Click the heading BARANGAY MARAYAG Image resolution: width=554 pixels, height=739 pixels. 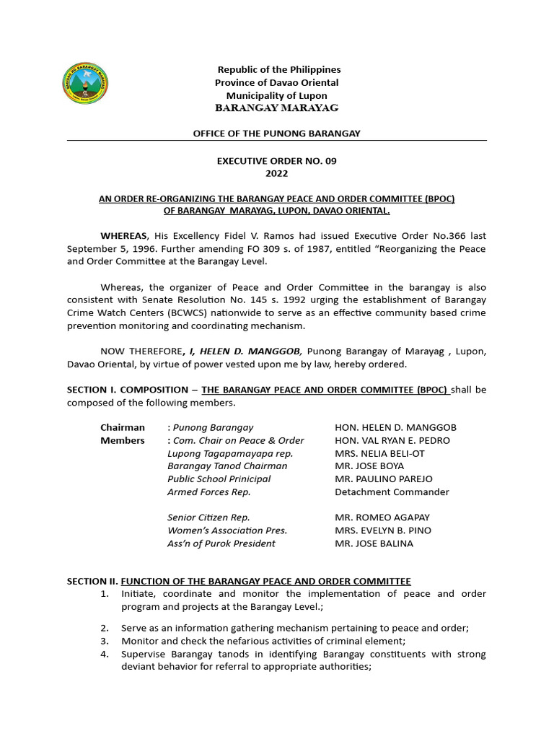coord(276,108)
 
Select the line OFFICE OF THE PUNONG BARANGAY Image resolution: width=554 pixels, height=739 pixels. coord(276,134)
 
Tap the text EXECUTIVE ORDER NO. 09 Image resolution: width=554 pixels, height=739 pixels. coord(276,161)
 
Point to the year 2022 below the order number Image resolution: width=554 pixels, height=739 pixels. coord(276,174)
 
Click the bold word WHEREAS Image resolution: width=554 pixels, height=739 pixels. coord(123,236)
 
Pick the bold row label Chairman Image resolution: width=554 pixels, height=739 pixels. coord(122,427)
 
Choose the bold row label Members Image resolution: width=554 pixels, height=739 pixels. coord(122,440)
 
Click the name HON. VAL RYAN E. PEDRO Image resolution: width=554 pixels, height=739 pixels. coord(392,440)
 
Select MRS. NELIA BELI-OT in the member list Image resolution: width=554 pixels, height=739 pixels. coord(380,453)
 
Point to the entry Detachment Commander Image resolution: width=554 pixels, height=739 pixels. coord(392,492)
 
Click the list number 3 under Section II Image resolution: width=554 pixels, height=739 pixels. coord(105,641)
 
